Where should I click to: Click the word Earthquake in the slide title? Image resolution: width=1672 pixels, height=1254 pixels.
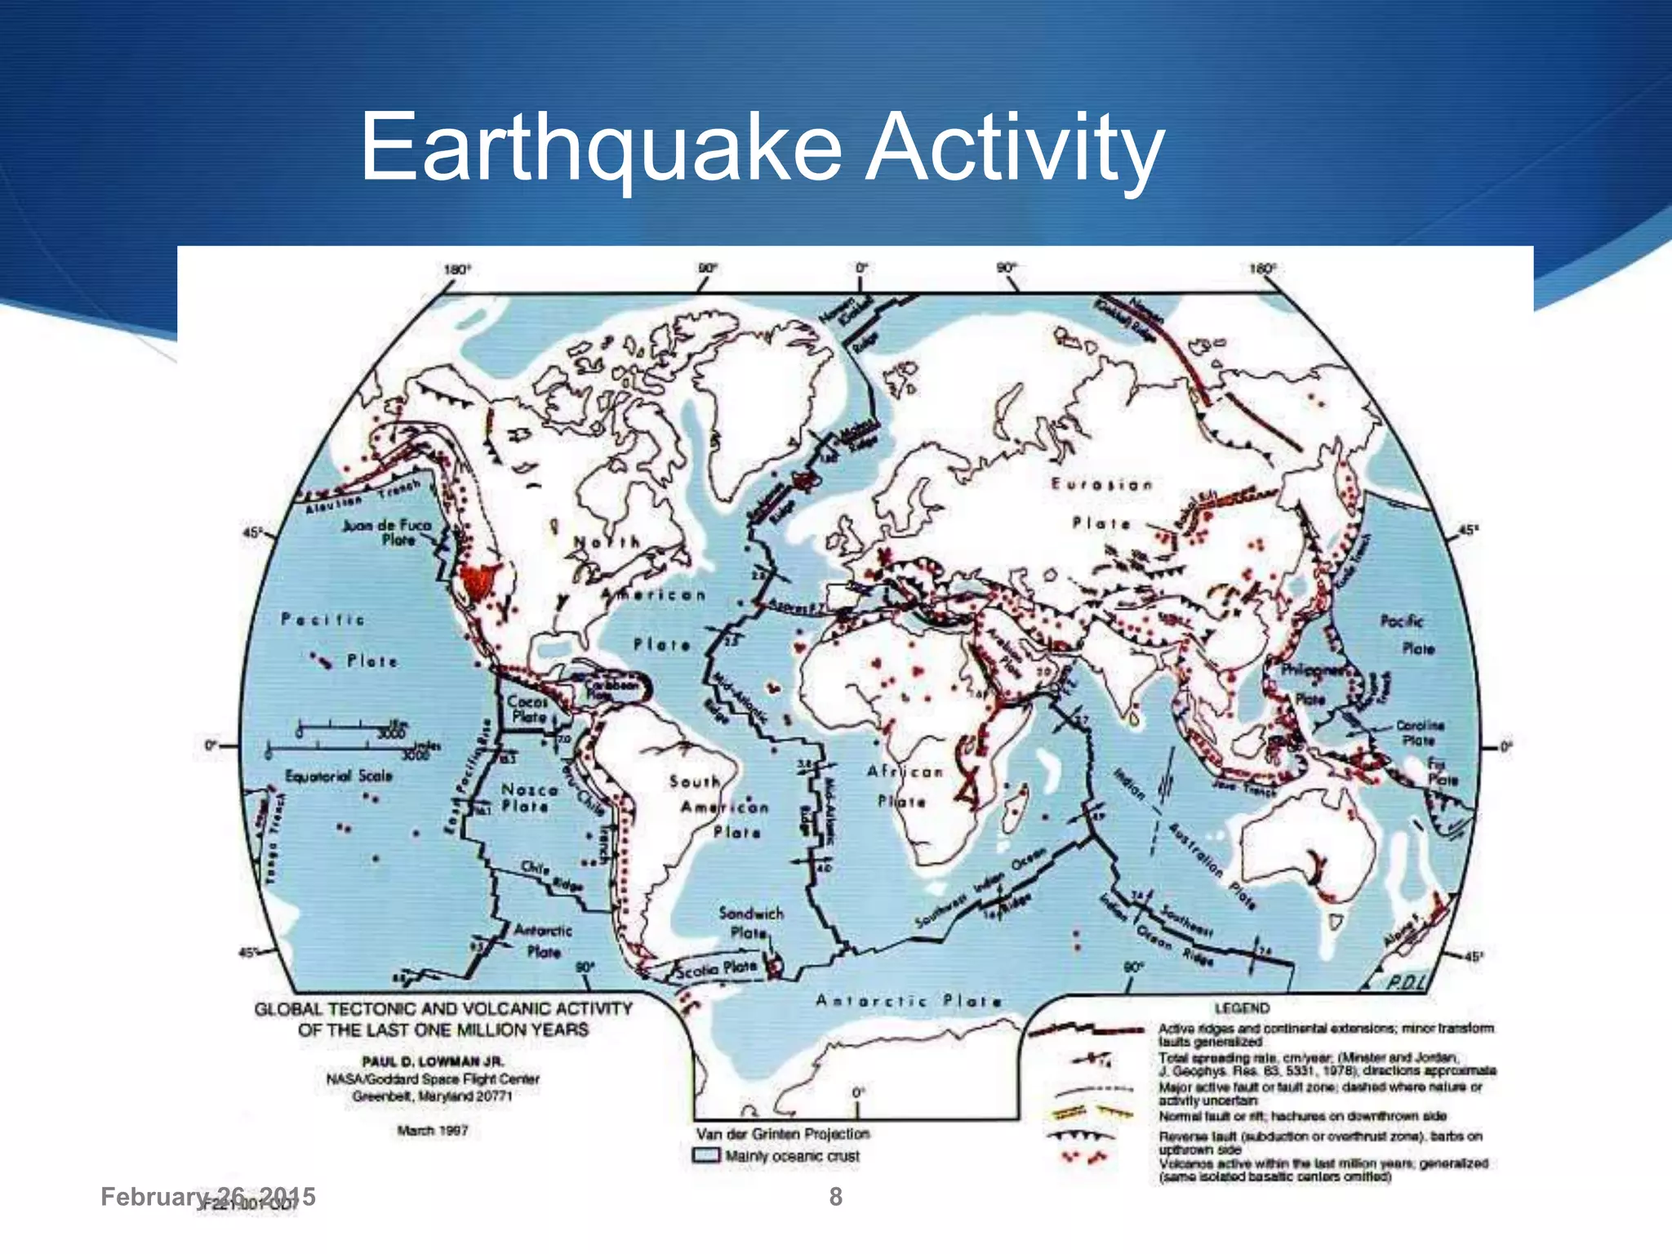[600, 149]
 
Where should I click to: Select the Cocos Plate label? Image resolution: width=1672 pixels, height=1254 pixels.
[527, 709]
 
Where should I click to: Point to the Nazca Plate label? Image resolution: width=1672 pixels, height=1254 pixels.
[529, 798]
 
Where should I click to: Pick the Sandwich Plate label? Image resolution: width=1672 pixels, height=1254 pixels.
[750, 923]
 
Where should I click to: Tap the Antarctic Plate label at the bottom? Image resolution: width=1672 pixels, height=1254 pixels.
[908, 1001]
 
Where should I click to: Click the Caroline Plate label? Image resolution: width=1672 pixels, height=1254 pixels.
[1420, 732]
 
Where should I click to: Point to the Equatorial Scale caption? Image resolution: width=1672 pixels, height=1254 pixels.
[338, 776]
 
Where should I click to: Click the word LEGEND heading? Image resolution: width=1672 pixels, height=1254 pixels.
[1242, 1008]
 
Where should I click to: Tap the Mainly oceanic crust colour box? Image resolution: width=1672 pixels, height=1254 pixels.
[706, 1156]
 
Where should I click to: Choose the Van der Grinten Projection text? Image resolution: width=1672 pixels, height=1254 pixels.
[782, 1134]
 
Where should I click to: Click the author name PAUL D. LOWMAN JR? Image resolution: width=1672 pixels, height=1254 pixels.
[433, 1061]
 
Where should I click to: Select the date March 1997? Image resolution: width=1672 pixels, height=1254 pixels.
[432, 1131]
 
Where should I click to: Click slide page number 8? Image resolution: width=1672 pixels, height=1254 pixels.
[835, 1197]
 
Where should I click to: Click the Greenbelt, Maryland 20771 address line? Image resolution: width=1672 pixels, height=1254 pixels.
[432, 1096]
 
